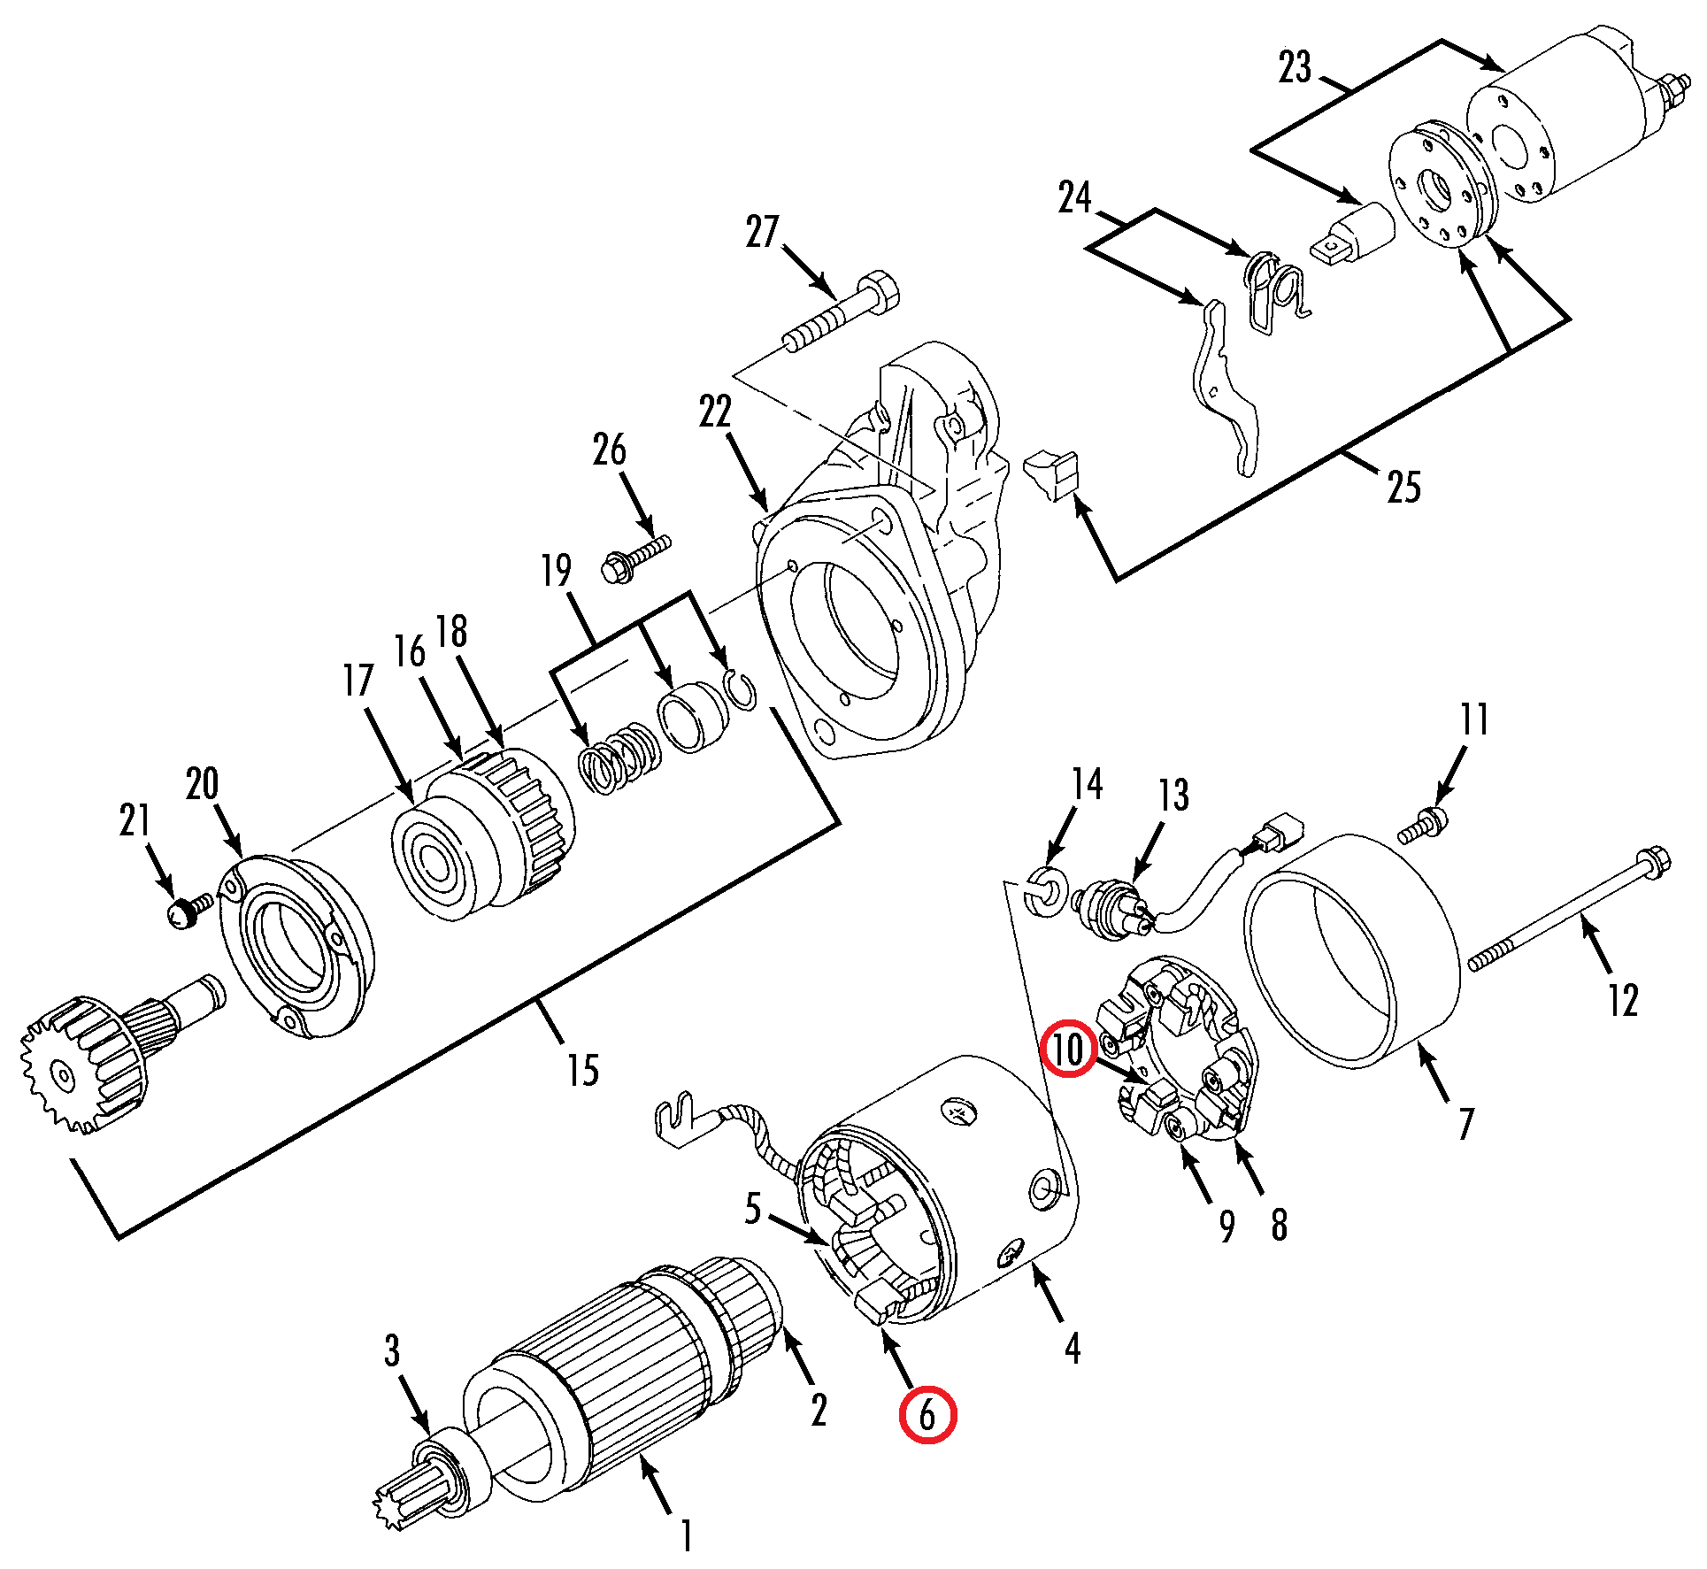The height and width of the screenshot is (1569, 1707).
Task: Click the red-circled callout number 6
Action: click(x=927, y=1415)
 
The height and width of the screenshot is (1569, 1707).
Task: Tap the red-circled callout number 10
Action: click(x=1067, y=1049)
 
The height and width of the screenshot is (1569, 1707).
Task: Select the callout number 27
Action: click(x=762, y=232)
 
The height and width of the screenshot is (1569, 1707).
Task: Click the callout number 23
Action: click(x=1295, y=67)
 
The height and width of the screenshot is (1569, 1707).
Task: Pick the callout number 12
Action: click(x=1623, y=1000)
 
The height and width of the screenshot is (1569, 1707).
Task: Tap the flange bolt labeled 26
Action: click(x=634, y=558)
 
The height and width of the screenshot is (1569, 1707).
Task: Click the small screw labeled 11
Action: click(x=1424, y=827)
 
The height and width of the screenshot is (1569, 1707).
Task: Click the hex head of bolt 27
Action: click(x=879, y=291)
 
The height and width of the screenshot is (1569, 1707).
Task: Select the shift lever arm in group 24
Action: click(x=1222, y=387)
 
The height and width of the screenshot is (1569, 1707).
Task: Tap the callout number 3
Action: click(x=392, y=1350)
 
